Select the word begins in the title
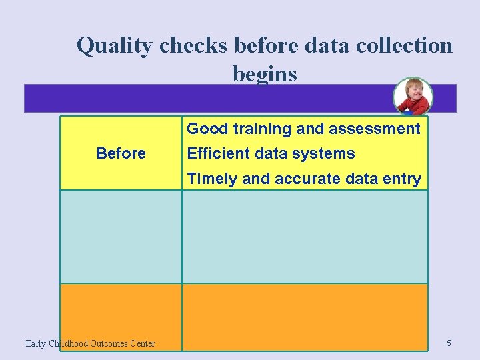click(265, 74)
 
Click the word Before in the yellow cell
click(121, 153)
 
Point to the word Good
click(207, 129)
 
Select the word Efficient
click(217, 153)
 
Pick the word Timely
click(210, 179)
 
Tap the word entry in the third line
click(402, 179)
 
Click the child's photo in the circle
click(413, 97)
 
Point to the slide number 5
click(449, 343)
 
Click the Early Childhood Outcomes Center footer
click(90, 343)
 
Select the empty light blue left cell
click(121, 237)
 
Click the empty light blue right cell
click(305, 237)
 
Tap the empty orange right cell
click(305, 317)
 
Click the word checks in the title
click(189, 45)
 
